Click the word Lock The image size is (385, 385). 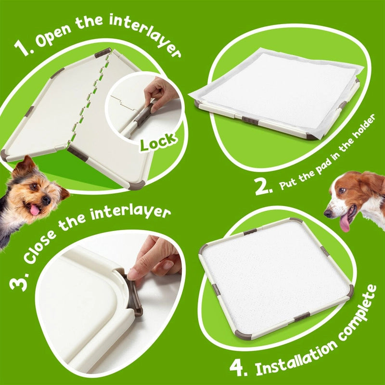pyautogui.click(x=158, y=141)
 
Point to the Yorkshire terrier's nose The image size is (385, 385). pyautogui.click(x=46, y=199)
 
